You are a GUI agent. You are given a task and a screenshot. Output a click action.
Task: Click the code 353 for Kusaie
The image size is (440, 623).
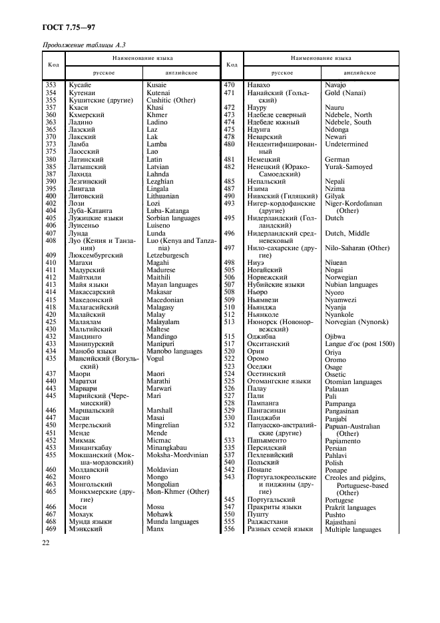pyautogui.click(x=51, y=85)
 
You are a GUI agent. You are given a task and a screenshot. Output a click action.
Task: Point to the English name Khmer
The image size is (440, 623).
pyautogui.click(x=157, y=114)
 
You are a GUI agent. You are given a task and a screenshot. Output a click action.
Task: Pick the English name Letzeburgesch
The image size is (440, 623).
pyautogui.click(x=168, y=255)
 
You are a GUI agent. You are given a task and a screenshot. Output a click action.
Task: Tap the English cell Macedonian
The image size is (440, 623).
pyautogui.click(x=164, y=300)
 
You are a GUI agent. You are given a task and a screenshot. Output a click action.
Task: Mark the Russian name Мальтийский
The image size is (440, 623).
pyautogui.click(x=91, y=329)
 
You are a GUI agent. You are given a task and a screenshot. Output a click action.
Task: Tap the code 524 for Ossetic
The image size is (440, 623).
pyautogui.click(x=230, y=374)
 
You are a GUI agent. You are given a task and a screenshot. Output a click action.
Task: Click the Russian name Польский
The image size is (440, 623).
pyautogui.click(x=264, y=463)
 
